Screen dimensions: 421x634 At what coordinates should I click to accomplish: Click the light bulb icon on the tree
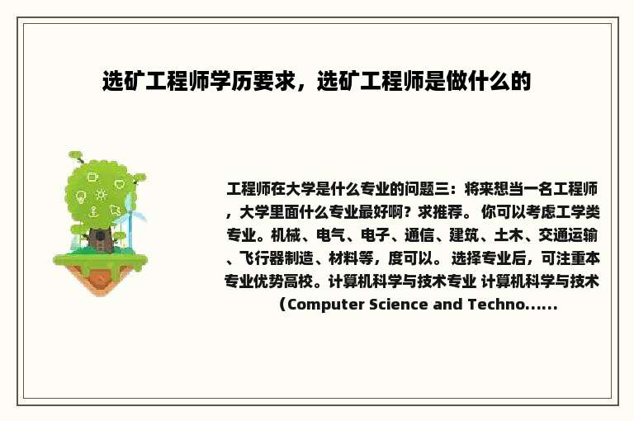pyautogui.click(x=81, y=197)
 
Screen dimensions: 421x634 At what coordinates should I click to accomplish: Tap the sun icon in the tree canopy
pyautogui.click(x=101, y=195)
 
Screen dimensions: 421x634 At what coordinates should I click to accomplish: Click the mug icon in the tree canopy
pyautogui.click(x=92, y=176)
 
